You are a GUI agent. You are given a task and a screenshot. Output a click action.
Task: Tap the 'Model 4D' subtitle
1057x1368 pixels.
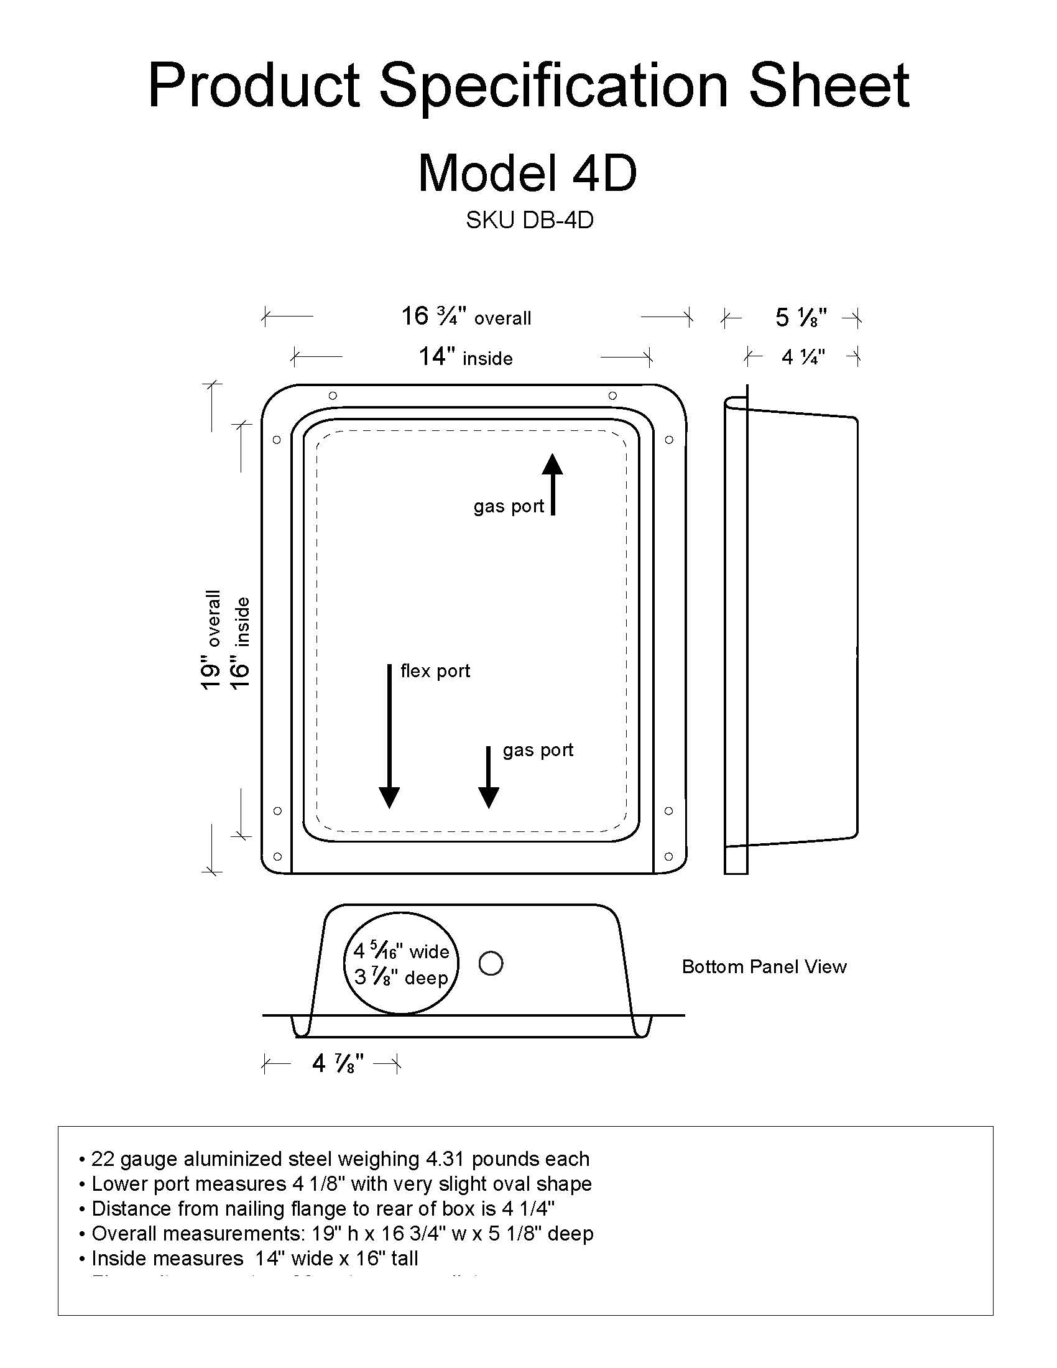(527, 173)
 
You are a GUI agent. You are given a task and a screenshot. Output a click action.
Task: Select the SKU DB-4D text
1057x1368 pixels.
(529, 221)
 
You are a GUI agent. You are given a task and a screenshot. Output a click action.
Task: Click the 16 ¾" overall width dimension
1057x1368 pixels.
(466, 317)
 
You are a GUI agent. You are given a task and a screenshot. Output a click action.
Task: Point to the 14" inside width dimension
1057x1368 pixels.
(465, 357)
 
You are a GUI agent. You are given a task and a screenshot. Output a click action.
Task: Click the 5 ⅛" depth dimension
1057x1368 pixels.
(801, 318)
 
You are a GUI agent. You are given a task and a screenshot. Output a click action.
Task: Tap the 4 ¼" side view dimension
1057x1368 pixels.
(803, 357)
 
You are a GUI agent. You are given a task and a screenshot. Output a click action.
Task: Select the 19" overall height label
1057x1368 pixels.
(211, 639)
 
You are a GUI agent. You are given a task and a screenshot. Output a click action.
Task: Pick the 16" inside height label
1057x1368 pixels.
(241, 642)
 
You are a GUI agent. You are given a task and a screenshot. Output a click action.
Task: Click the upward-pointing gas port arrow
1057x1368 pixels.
(552, 484)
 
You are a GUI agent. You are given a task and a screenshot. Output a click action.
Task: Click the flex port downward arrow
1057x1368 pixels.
(389, 736)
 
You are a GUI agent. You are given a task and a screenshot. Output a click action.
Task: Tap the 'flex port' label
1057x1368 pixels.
(435, 671)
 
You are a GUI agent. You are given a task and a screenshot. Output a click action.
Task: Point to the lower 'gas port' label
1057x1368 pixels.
(538, 750)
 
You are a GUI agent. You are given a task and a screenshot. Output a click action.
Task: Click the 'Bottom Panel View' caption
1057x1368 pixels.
(764, 966)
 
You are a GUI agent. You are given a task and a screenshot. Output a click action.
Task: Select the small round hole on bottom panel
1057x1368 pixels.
(491, 963)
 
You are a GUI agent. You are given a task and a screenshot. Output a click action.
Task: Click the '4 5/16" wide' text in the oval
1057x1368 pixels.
(402, 951)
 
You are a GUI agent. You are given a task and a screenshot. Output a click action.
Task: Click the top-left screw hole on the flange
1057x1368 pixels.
(333, 395)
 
